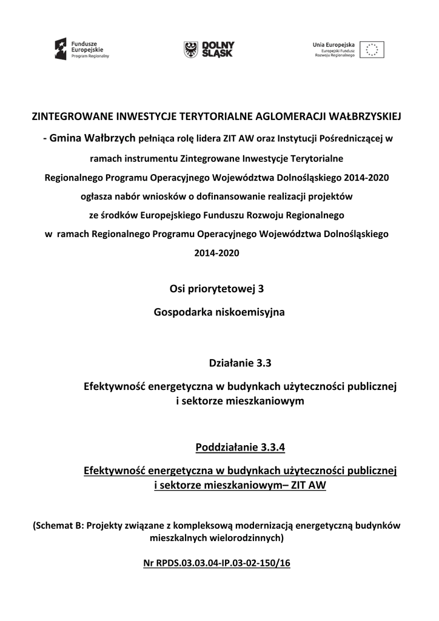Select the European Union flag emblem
pos(372,50)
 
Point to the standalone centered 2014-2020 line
pos(217,253)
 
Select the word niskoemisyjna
pos(249,313)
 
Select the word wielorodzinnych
pos(243,537)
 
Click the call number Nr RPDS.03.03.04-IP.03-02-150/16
pos(217,563)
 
